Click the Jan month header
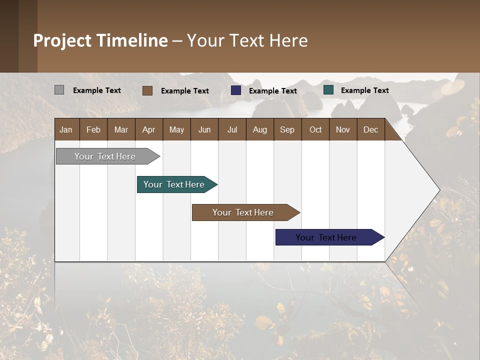[66, 130]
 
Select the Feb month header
[93, 130]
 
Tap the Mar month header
[121, 130]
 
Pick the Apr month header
[148, 130]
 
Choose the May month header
[176, 130]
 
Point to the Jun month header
[204, 130]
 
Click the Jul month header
[232, 130]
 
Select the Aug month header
[259, 130]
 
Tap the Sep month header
[287, 130]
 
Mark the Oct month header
[315, 130]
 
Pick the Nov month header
[343, 130]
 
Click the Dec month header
[370, 130]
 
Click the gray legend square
[59, 90]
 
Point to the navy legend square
[236, 90]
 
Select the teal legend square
[328, 90]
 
